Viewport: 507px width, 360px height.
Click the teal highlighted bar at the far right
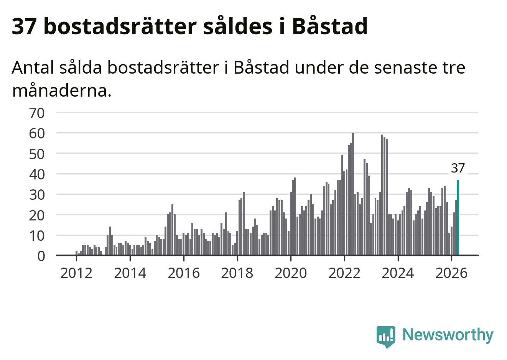click(458, 217)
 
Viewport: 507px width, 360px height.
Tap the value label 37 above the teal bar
click(458, 168)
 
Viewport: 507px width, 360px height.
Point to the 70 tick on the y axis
click(37, 113)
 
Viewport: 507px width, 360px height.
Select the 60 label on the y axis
click(37, 133)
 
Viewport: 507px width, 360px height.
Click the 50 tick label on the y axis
click(37, 154)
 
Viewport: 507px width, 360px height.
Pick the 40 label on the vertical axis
click(37, 174)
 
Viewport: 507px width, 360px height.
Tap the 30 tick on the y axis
click(37, 195)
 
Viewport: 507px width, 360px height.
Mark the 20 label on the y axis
click(37, 215)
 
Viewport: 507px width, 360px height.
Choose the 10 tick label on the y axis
click(37, 236)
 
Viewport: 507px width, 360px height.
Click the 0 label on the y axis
click(41, 256)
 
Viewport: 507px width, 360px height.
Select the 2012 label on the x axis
click(76, 273)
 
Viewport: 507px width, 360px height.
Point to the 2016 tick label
click(184, 273)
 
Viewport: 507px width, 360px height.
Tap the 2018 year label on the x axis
click(237, 273)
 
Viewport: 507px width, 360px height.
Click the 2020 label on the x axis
click(291, 273)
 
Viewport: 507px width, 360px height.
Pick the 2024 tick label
click(398, 273)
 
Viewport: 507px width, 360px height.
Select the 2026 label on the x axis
click(451, 273)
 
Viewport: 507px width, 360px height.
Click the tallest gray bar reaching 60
click(353, 194)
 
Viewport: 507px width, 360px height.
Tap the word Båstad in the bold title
click(330, 26)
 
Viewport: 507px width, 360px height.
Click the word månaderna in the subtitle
click(62, 91)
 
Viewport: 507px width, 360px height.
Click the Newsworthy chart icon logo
click(386, 337)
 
